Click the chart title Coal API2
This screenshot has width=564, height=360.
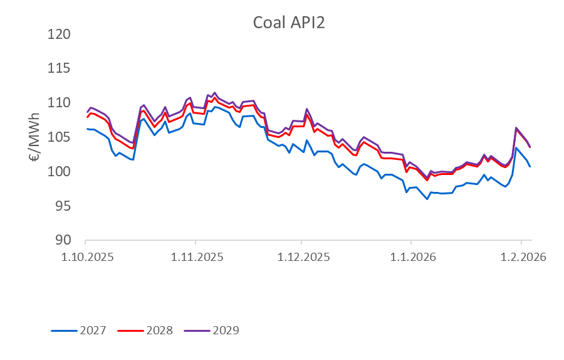click(289, 23)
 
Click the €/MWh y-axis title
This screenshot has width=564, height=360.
click(35, 137)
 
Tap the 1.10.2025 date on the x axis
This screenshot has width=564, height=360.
click(86, 258)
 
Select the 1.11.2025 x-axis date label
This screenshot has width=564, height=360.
click(196, 258)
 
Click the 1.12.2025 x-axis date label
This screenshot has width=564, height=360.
click(301, 258)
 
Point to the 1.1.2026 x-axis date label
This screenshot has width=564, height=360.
click(411, 258)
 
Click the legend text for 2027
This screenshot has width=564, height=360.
click(93, 330)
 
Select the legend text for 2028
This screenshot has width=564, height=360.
click(160, 330)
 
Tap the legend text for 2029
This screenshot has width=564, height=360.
click(226, 330)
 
